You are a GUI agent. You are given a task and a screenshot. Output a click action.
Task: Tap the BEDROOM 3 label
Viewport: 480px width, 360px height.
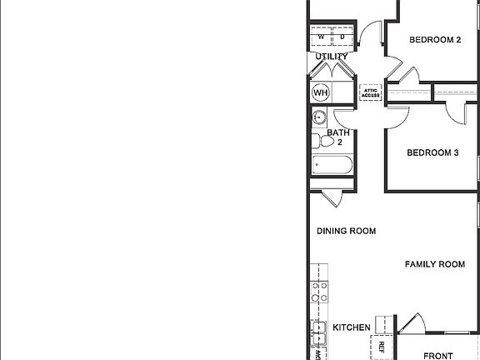(432, 152)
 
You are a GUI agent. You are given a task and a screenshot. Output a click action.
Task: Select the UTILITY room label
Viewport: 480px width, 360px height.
(332, 56)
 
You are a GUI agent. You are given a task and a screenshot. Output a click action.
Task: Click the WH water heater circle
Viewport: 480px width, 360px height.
(321, 92)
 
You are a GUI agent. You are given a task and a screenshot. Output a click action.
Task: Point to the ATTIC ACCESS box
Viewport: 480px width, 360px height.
(370, 93)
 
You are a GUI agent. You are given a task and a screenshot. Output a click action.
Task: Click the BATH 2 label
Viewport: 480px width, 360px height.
(338, 137)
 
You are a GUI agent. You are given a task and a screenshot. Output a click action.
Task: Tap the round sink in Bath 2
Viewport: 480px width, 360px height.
(319, 117)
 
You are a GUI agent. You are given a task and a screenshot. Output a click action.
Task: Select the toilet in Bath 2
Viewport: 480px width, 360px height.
(322, 142)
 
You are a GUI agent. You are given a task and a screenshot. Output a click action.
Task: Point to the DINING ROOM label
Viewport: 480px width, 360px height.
(346, 231)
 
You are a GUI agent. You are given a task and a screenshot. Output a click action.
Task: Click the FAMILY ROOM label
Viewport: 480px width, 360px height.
(434, 264)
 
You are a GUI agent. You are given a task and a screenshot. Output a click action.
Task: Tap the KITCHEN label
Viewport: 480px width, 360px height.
(352, 328)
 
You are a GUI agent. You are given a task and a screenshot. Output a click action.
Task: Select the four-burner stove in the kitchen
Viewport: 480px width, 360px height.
(318, 291)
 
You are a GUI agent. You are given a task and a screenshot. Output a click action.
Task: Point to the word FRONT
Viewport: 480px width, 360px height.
(438, 356)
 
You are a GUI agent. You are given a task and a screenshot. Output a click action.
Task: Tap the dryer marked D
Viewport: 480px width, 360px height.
(342, 37)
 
